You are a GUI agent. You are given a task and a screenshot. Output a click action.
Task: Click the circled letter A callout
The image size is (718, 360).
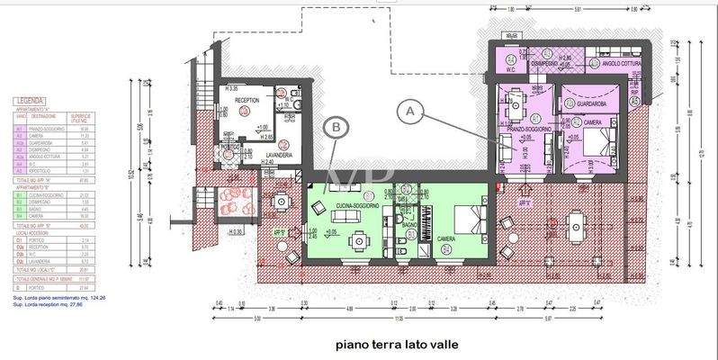pyautogui.click(x=410, y=111)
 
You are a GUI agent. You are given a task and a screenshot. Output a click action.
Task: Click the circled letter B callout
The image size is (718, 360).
pyautogui.click(x=336, y=128)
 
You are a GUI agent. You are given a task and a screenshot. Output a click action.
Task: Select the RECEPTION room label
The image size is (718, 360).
pyautogui.click(x=247, y=101)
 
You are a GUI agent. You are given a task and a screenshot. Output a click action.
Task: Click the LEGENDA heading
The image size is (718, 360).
pyautogui.click(x=30, y=101)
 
